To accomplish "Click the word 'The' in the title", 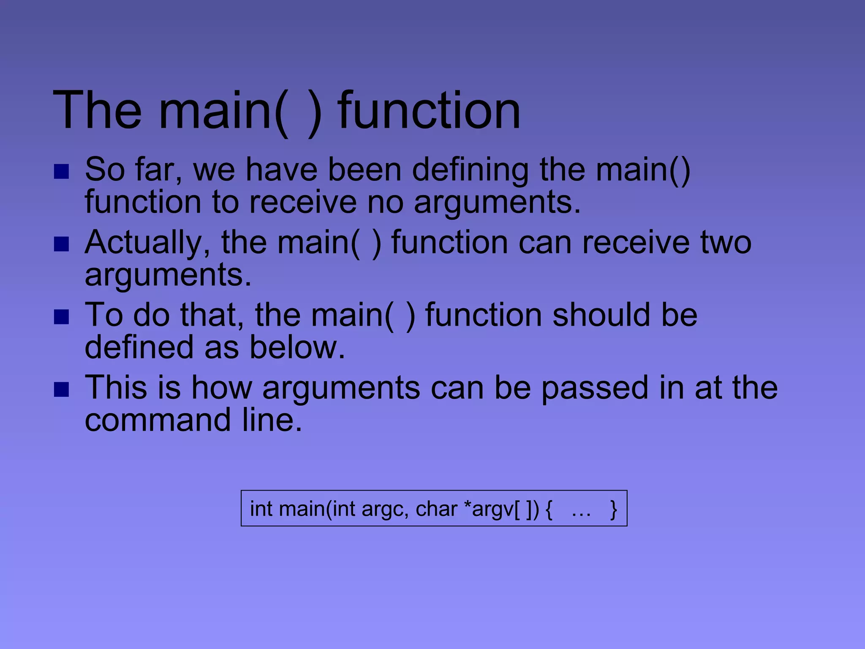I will pyautogui.click(x=97, y=111).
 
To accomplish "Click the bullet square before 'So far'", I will pyautogui.click(x=62, y=172).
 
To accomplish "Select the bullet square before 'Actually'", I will pyautogui.click(x=62, y=244).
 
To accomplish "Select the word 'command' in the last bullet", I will pyautogui.click(x=158, y=420).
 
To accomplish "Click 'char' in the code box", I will pyautogui.click(x=436, y=509).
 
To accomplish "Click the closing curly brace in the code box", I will pyautogui.click(x=613, y=510).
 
